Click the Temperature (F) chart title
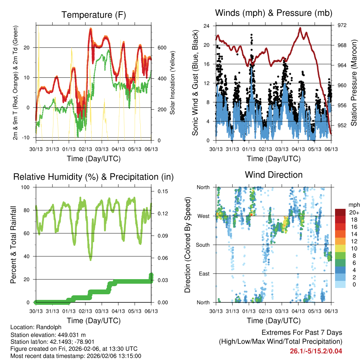tap(94, 15)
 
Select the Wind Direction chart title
tap(274, 175)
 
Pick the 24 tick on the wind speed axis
tap(207, 26)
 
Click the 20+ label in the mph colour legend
tap(354, 212)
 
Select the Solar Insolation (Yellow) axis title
tap(173, 83)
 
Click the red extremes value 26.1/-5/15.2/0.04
tap(316, 351)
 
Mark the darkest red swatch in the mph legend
tap(340, 212)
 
